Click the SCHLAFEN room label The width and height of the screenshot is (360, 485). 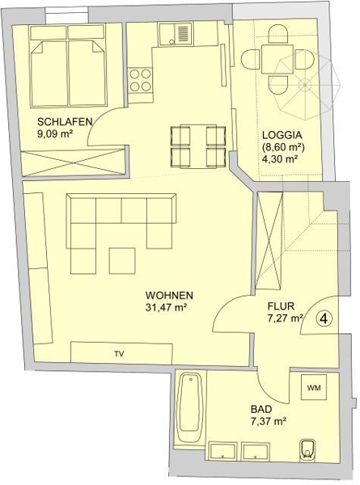pos(65,121)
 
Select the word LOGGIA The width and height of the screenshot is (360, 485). pos(282,135)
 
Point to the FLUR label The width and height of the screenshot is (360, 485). pos(281,306)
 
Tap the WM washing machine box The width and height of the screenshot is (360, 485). pos(314,387)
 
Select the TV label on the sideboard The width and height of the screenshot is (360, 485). pos(119,354)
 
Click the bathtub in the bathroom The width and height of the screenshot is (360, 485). pos(189,407)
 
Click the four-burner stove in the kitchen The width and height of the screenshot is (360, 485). pos(141,80)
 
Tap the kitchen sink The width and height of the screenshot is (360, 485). pos(176,36)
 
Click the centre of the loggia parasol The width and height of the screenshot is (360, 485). pos(305,84)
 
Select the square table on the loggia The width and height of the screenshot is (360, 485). pos(277,59)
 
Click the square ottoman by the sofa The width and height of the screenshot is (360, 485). pos(122,260)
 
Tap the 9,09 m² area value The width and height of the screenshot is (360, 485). pos(55,134)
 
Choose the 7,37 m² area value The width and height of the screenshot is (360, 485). pos(268,422)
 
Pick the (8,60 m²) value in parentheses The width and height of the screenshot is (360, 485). pos(283,147)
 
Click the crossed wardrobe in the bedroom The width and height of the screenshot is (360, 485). pos(73,162)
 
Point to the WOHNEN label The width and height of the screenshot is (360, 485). pos(169,295)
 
